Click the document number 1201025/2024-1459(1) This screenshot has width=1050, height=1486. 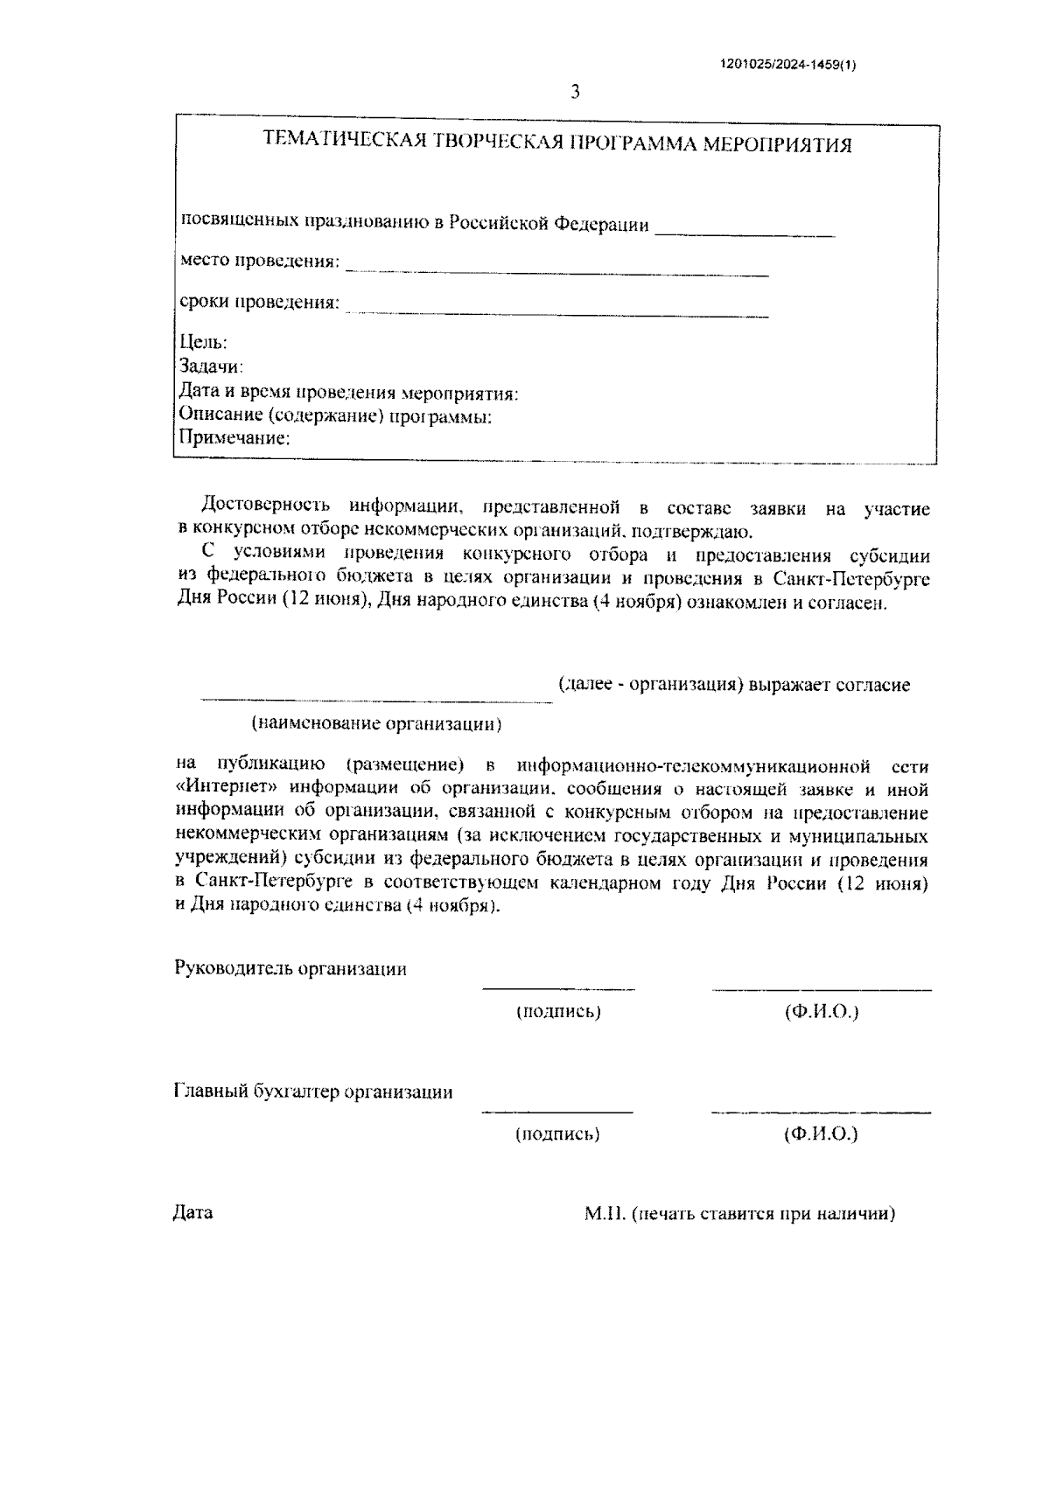[787, 64]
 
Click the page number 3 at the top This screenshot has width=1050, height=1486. [575, 92]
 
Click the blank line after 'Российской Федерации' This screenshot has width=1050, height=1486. [745, 234]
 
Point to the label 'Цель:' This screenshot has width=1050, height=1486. [203, 342]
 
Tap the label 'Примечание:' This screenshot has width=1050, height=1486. [234, 438]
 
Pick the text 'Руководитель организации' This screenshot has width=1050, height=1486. [290, 969]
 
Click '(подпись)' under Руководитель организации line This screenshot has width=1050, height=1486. [557, 1012]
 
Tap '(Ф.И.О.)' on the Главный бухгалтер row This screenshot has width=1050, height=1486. [821, 1134]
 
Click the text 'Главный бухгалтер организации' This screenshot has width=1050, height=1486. [313, 1092]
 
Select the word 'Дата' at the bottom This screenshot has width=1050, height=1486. [193, 1214]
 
